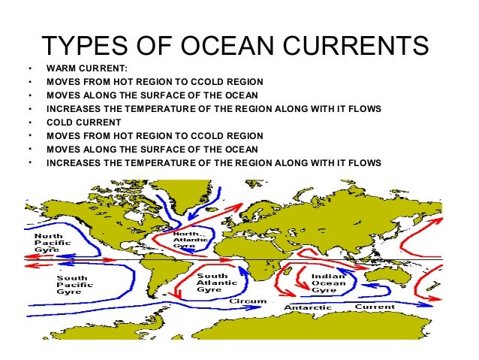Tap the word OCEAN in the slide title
click(x=240, y=47)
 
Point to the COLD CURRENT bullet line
click(x=83, y=122)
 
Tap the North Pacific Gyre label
click(x=54, y=245)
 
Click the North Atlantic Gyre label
click(x=188, y=239)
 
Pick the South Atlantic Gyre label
click(x=212, y=283)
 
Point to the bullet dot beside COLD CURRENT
click(x=29, y=122)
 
